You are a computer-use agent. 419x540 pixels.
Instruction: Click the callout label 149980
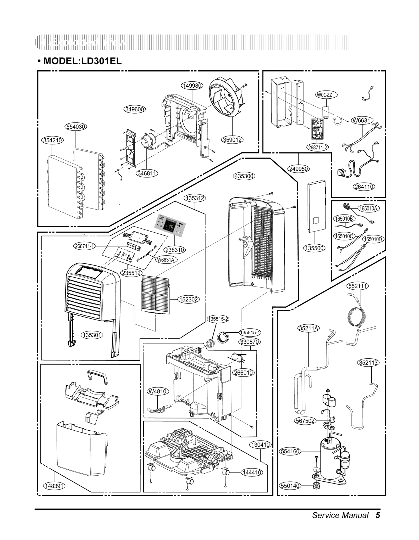[192, 86]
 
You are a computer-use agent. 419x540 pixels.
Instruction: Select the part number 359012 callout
[232, 140]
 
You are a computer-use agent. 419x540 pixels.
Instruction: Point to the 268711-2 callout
[317, 147]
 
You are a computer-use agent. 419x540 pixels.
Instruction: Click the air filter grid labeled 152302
[155, 295]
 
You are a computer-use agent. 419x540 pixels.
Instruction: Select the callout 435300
[244, 176]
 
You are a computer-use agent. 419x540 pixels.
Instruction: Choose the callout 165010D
[373, 239]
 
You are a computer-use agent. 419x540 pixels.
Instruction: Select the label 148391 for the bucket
[54, 486]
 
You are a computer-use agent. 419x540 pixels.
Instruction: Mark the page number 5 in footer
[377, 515]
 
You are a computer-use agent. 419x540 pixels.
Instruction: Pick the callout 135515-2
[218, 319]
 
